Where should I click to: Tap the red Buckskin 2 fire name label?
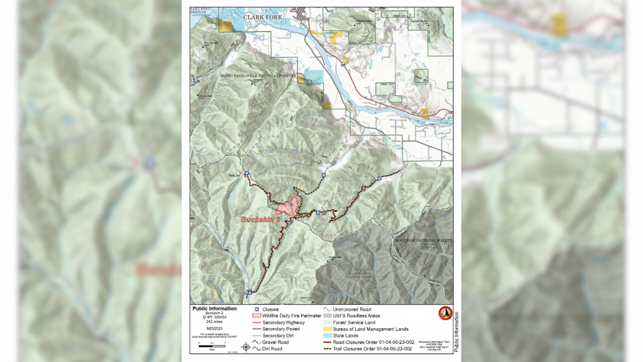pyautogui.click(x=260, y=219)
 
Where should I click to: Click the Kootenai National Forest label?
pyautogui.click(x=423, y=240)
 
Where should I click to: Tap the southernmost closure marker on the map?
pyautogui.click(x=249, y=292)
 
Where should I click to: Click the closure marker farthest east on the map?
pyautogui.click(x=379, y=178)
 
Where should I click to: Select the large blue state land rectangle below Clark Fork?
pyautogui.click(x=314, y=77)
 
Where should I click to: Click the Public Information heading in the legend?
pyautogui.click(x=213, y=308)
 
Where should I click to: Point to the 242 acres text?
pyautogui.click(x=213, y=321)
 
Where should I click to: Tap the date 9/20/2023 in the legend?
pyautogui.click(x=213, y=328)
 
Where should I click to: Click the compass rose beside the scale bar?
pyautogui.click(x=247, y=347)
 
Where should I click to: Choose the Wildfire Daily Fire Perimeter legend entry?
pyautogui.click(x=286, y=316)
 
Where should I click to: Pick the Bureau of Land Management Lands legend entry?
pyautogui.click(x=366, y=329)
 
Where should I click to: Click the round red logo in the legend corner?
pyautogui.click(x=446, y=313)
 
